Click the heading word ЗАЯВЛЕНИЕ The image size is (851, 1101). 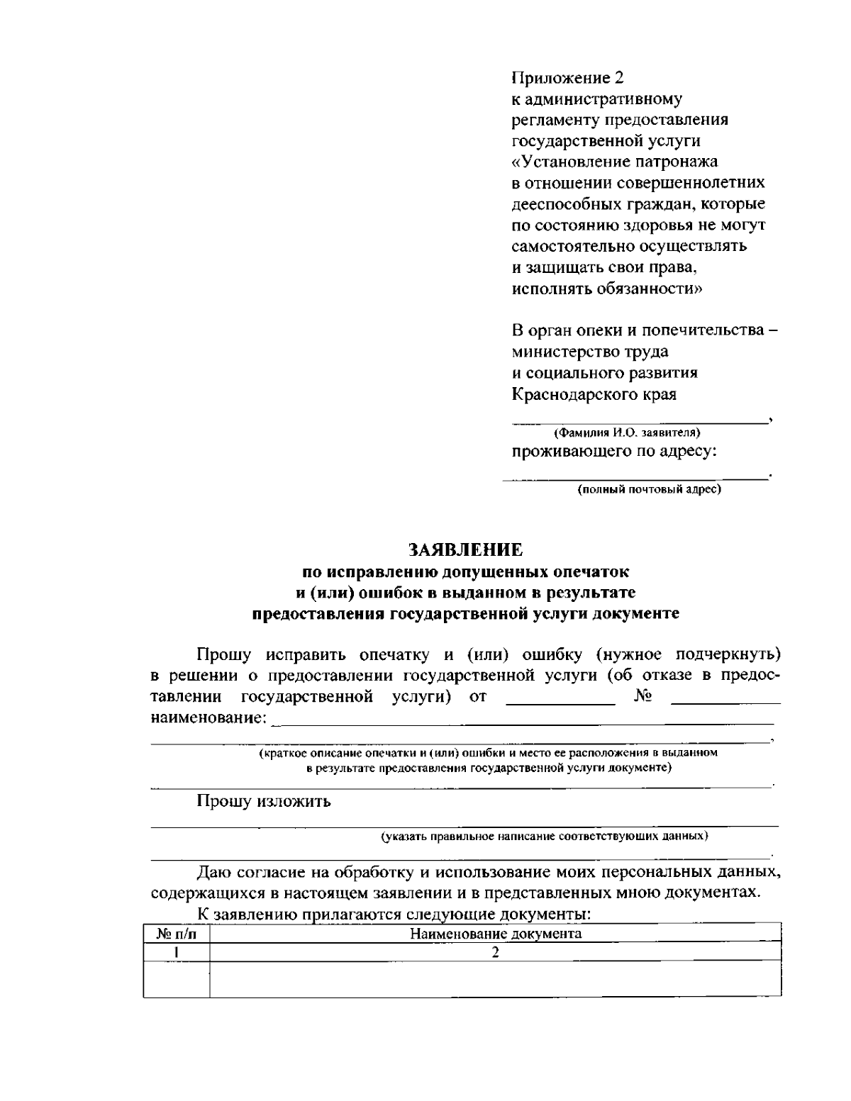click(x=465, y=550)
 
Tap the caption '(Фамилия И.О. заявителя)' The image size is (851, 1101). click(x=627, y=432)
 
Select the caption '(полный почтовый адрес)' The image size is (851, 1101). click(x=649, y=489)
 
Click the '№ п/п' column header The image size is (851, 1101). click(x=176, y=934)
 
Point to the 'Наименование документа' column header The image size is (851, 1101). click(x=496, y=934)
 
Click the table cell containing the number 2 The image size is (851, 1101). click(x=496, y=952)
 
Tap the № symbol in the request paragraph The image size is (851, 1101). click(x=643, y=697)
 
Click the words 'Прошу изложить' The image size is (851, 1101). click(x=264, y=802)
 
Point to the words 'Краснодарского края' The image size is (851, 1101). click(x=594, y=394)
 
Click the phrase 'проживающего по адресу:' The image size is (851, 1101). click(x=614, y=452)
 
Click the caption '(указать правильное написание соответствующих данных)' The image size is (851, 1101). click(x=545, y=837)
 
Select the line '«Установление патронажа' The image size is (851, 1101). click(x=614, y=162)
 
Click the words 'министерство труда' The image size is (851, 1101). click(x=589, y=352)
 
